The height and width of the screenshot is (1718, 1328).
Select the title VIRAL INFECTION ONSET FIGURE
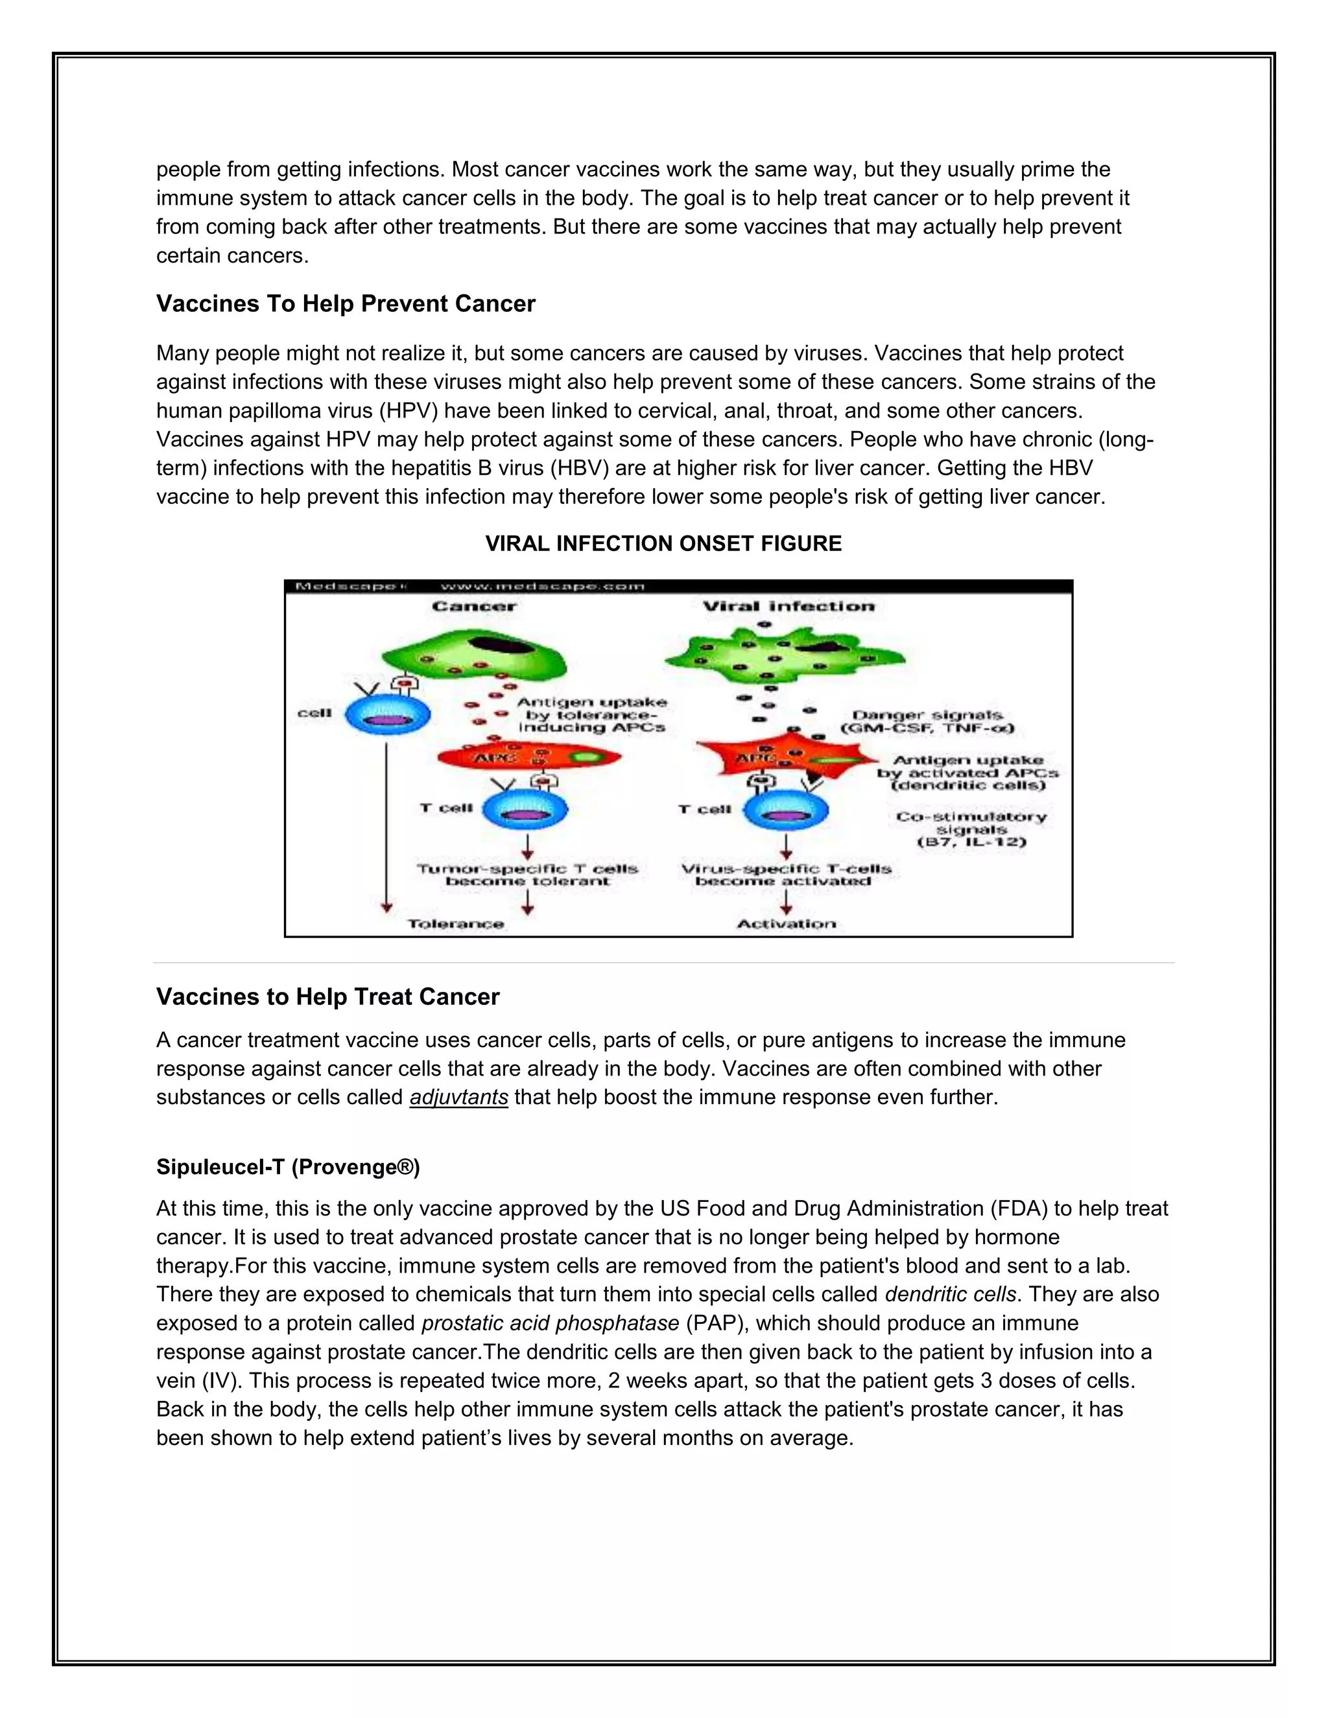[x=663, y=543]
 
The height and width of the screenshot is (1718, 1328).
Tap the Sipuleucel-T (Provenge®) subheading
[x=288, y=1166]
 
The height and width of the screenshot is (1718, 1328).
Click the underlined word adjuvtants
[x=458, y=1098]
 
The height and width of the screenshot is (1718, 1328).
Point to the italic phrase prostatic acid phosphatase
[x=550, y=1323]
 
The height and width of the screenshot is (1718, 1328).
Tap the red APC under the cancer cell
[x=527, y=757]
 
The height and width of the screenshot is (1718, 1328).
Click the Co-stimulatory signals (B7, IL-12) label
[x=971, y=829]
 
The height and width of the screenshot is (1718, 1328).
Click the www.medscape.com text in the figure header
[x=542, y=586]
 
